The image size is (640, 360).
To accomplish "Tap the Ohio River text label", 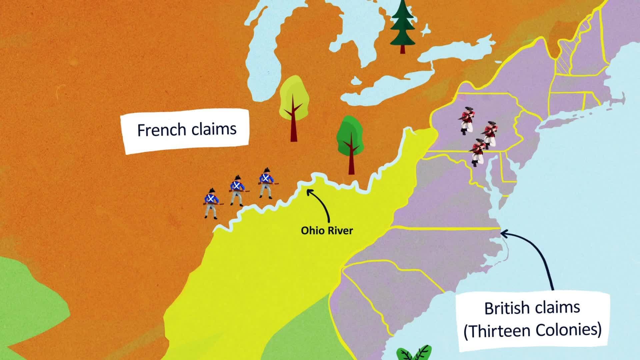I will [x=327, y=230].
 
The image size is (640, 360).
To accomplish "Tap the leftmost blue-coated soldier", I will [x=211, y=203].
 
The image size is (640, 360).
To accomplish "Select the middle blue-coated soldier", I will [x=237, y=190].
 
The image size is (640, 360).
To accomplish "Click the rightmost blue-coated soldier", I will [x=266, y=183].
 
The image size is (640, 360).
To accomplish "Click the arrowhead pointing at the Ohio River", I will [x=309, y=192].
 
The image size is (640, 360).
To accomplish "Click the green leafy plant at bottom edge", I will [x=414, y=353].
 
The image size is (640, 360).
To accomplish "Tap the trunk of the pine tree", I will [x=403, y=49].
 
